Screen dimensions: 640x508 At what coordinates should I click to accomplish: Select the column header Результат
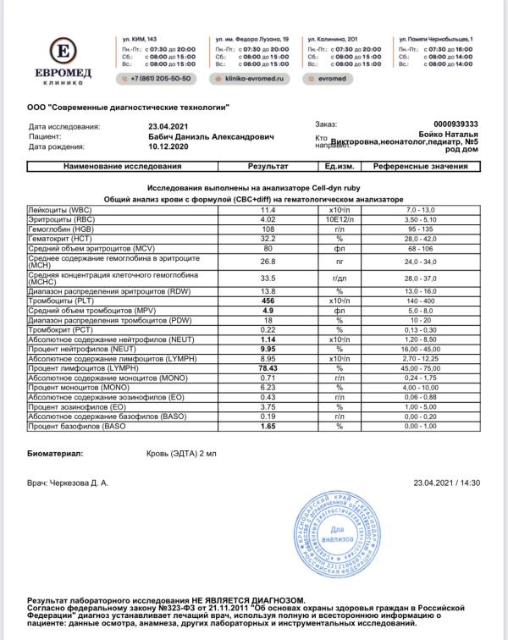(268, 168)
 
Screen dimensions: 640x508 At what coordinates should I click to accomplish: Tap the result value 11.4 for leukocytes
(268, 208)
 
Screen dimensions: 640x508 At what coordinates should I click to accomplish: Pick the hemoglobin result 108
(268, 229)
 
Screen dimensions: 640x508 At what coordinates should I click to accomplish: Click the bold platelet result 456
(268, 301)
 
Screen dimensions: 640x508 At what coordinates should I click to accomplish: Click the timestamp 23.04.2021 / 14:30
(446, 482)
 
